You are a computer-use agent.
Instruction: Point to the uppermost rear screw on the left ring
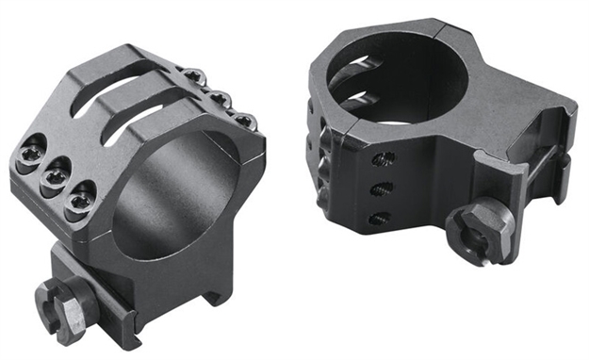(192, 76)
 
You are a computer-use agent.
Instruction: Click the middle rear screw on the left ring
(219, 98)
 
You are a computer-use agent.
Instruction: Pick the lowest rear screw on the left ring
(244, 120)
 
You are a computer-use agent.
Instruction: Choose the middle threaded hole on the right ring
(382, 188)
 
